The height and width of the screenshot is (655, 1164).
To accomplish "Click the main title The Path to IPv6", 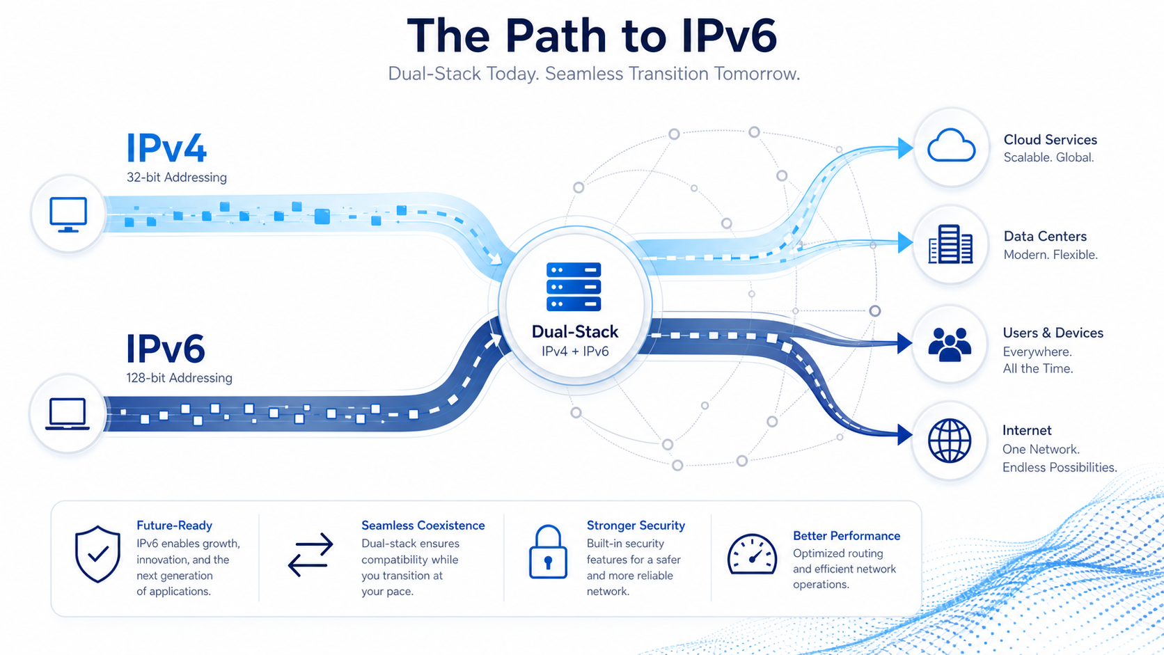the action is point(592,35).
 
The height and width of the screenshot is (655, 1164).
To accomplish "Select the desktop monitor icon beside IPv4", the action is point(68,214).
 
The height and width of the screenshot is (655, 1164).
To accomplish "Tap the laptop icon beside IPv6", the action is point(68,414).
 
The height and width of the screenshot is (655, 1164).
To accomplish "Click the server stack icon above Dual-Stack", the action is point(574,287).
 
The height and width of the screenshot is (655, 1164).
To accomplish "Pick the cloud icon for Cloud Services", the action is point(951,145).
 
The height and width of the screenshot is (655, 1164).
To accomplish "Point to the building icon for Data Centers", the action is point(950,244).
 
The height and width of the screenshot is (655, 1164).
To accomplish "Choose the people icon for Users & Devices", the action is point(950,345).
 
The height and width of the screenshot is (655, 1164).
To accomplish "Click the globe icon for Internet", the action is point(950,441).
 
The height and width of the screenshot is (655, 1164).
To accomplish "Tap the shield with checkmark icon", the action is point(97,553).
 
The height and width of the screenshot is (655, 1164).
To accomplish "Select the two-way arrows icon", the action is point(310,555).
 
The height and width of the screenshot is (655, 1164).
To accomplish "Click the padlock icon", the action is point(548,551).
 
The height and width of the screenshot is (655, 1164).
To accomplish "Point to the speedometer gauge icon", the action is point(752,554).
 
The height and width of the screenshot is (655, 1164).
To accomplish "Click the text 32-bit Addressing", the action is point(177,177).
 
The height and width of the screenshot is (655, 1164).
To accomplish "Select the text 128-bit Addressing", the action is point(180,378).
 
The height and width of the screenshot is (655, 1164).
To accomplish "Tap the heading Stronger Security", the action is point(636,526).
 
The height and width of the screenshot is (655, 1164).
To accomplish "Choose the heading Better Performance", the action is point(847,535).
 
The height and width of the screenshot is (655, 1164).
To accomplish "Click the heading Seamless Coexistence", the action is point(423,525).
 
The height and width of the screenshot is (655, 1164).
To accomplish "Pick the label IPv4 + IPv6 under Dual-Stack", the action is point(575,352).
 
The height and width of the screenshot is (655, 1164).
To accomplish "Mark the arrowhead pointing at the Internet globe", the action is point(905,435).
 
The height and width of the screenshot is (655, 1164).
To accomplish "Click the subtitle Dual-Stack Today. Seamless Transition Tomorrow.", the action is point(594,74).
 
